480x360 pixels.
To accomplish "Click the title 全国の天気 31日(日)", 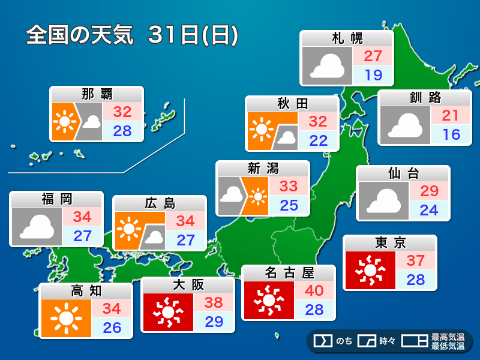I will pyautogui.click(x=132, y=35).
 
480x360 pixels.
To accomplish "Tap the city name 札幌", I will pyautogui.click(x=347, y=39).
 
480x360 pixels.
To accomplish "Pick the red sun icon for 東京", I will pyautogui.click(x=370, y=271).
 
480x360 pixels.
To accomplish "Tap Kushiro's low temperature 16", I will pyautogui.click(x=450, y=134).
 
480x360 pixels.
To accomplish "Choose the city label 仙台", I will pyautogui.click(x=403, y=174).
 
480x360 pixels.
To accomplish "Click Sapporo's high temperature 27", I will pyautogui.click(x=373, y=56).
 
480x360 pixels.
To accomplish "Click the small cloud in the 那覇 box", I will pyautogui.click(x=91, y=122).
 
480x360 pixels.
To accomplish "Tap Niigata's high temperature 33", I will pyautogui.click(x=289, y=186).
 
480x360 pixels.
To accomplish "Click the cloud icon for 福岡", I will pyautogui.click(x=37, y=227).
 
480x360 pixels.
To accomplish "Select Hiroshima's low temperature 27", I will pyautogui.click(x=185, y=240).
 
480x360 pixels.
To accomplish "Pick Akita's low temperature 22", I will pyautogui.click(x=318, y=140).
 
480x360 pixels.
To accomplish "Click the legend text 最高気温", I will pyautogui.click(x=447, y=337).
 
